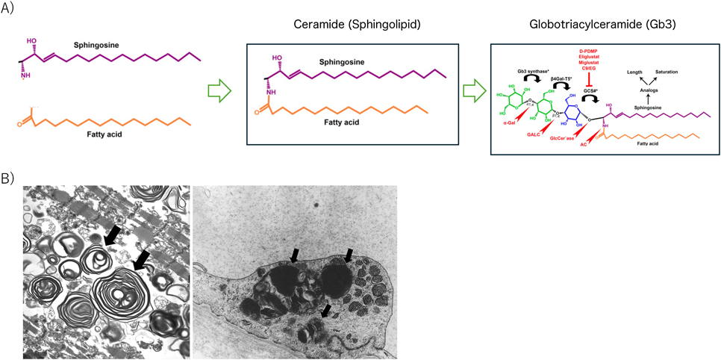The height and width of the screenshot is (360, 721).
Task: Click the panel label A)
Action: pyautogui.click(x=11, y=10)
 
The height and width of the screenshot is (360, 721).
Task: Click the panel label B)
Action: pyautogui.click(x=11, y=180)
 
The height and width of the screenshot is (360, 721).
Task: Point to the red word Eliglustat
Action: pyautogui.click(x=591, y=57)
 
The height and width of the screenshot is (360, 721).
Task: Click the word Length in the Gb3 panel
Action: pyautogui.click(x=634, y=72)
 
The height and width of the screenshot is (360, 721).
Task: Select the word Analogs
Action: pyautogui.click(x=647, y=90)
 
